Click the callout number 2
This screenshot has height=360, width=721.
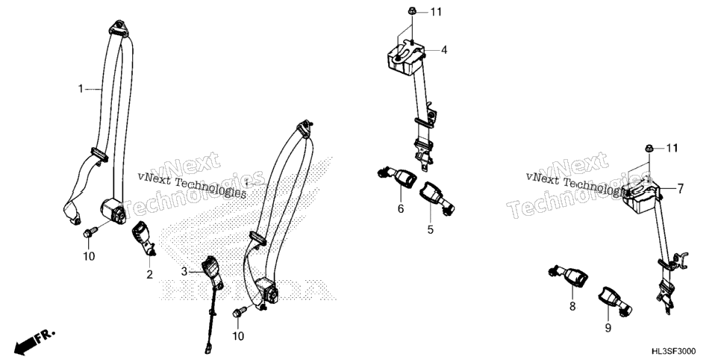tap(149, 275)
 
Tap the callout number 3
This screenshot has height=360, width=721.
tap(184, 272)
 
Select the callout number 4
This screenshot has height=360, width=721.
tap(444, 50)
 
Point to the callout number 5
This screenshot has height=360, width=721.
tap(430, 229)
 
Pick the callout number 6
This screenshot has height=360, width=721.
tap(401, 209)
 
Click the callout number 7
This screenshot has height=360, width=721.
tap(680, 188)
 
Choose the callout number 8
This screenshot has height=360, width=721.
tap(572, 305)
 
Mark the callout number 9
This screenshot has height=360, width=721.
tap(608, 328)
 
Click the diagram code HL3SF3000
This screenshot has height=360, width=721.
tap(673, 351)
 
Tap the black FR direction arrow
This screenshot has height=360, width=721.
tap(28, 342)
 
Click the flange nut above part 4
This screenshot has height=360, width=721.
tap(412, 12)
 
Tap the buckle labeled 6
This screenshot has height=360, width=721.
tap(397, 176)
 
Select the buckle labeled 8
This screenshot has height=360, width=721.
tap(568, 276)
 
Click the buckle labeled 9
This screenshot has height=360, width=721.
tap(615, 301)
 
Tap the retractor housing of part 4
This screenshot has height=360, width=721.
tap(404, 56)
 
